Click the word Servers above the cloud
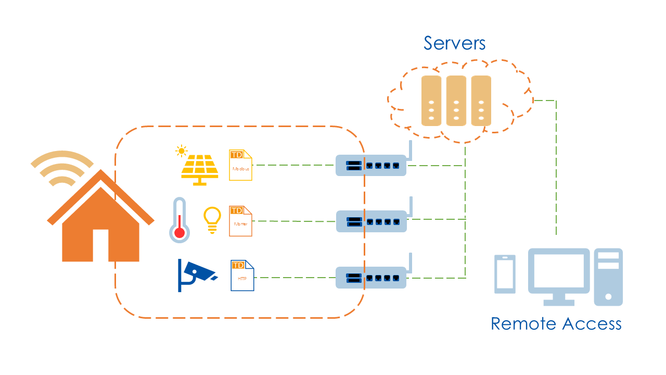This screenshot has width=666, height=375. (x=454, y=43)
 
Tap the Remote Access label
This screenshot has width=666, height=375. (x=556, y=323)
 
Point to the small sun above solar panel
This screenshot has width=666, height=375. (x=181, y=151)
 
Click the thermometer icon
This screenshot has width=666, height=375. (x=180, y=220)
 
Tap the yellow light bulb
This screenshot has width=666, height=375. (x=212, y=219)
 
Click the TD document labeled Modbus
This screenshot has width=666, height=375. (x=240, y=165)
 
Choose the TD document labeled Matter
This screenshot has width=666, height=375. (x=240, y=221)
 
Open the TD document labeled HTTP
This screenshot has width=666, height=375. (x=242, y=276)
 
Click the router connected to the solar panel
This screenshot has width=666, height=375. (x=370, y=165)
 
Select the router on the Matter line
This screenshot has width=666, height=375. (x=370, y=221)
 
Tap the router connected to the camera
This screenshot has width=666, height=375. (x=370, y=278)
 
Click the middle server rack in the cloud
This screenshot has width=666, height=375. (x=456, y=101)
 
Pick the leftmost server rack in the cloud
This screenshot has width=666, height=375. (x=431, y=101)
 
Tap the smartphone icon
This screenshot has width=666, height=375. (x=505, y=273)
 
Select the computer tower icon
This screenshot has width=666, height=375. (x=608, y=277)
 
